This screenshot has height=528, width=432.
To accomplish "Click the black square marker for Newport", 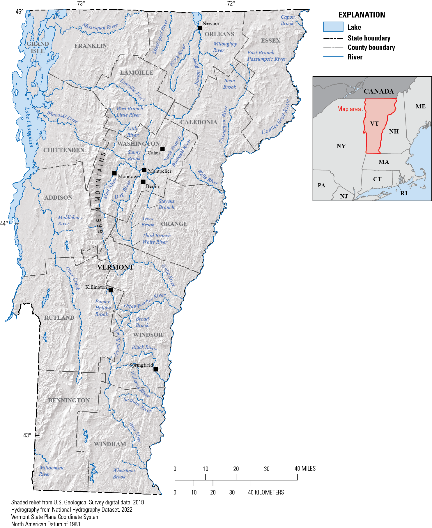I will (200, 28).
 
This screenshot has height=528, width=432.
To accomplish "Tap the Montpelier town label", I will (160, 171).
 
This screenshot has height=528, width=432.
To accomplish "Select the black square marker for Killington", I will (111, 290).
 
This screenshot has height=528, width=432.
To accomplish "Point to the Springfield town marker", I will (156, 369).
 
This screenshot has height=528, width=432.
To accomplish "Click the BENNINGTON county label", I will (69, 400).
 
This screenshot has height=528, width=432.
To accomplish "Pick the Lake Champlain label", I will (29, 127).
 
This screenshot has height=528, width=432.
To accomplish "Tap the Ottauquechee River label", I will (145, 301).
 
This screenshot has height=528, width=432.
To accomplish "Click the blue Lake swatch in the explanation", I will (333, 27).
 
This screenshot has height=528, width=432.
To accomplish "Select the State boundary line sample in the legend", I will (333, 38).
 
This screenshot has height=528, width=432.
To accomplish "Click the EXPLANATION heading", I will (362, 15).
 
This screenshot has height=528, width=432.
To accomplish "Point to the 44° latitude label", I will (4, 223).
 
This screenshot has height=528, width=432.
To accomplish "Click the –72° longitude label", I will (229, 3).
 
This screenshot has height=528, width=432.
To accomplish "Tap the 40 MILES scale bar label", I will (305, 468).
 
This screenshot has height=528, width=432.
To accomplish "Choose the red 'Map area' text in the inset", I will (349, 109).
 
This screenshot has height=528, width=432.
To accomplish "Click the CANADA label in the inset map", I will (378, 91).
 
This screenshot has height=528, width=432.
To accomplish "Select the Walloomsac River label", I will (52, 471).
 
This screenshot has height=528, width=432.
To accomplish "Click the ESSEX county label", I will (270, 41).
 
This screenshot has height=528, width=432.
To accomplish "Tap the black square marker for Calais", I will (162, 149).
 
